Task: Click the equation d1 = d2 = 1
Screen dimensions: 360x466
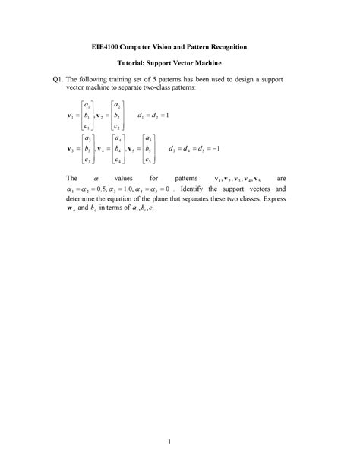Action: pos(156,115)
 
